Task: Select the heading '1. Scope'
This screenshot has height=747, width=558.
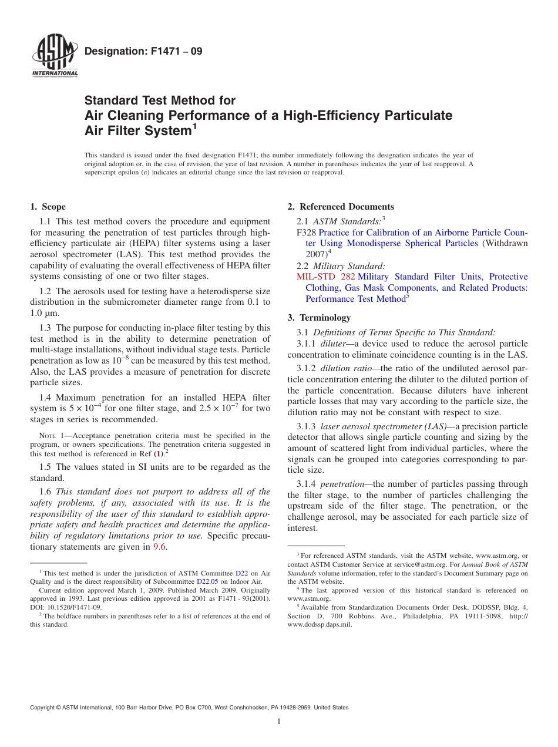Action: click(x=48, y=207)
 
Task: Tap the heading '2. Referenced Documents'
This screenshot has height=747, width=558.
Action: click(x=341, y=207)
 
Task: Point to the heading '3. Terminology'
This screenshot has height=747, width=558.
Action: click(x=319, y=318)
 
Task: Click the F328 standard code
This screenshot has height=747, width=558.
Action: click(x=307, y=233)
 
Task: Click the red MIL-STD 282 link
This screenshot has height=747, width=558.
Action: click(x=325, y=277)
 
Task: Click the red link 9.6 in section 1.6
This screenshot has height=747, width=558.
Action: click(x=160, y=547)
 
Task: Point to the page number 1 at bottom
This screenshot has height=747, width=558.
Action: click(x=279, y=722)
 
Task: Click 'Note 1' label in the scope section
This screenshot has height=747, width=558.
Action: click(x=49, y=436)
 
